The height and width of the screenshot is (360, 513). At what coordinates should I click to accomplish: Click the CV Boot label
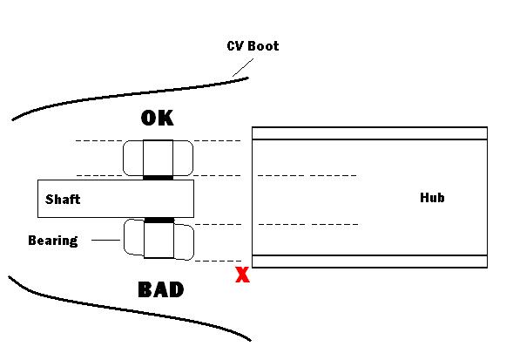tap(253, 46)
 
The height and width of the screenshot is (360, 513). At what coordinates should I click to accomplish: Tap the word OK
tap(158, 118)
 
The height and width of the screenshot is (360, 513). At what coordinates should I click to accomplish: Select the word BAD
tap(161, 289)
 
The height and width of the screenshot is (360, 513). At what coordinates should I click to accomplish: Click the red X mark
tap(242, 275)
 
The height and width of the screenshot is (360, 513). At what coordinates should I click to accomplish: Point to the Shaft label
tap(63, 199)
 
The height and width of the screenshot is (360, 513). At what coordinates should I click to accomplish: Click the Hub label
tap(432, 198)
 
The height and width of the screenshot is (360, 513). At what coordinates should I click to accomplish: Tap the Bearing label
tap(53, 241)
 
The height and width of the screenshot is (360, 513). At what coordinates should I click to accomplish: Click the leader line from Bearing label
tap(105, 240)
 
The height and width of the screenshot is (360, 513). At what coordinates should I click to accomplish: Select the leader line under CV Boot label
tap(243, 67)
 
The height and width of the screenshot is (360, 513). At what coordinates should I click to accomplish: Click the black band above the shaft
tap(158, 178)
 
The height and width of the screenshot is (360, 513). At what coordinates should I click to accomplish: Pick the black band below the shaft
tap(159, 221)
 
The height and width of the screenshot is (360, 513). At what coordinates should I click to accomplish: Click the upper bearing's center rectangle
tap(158, 158)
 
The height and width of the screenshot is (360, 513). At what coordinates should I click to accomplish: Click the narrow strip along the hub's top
tap(369, 133)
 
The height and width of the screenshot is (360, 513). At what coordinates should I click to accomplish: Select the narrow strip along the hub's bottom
tap(369, 262)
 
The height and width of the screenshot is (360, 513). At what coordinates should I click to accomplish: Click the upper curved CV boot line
tap(131, 94)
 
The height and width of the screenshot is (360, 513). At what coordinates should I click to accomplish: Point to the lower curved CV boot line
tap(131, 309)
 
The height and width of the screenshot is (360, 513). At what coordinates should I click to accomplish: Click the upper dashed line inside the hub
tap(307, 176)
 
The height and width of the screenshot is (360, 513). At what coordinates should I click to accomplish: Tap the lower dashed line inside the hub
tap(308, 225)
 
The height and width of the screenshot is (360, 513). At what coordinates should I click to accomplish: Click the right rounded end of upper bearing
tap(183, 158)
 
